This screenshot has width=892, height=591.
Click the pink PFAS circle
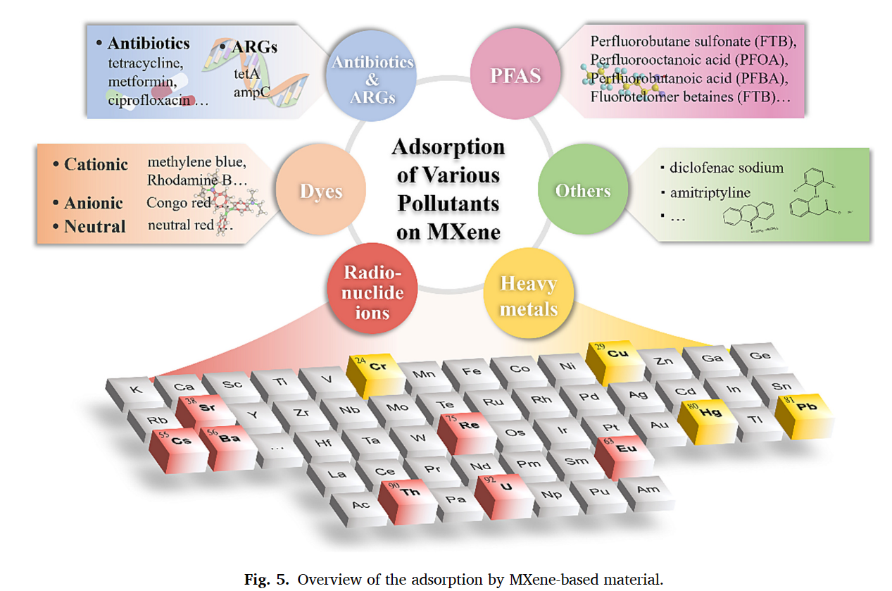click(x=515, y=75)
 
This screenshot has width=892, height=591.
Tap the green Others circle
click(x=582, y=190)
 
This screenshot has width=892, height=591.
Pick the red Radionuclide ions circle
click(x=372, y=292)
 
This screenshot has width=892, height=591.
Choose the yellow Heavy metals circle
click(x=529, y=296)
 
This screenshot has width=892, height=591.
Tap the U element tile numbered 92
click(x=504, y=487)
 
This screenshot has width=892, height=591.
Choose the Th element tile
click(x=408, y=492)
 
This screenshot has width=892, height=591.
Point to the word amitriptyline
click(x=710, y=192)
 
